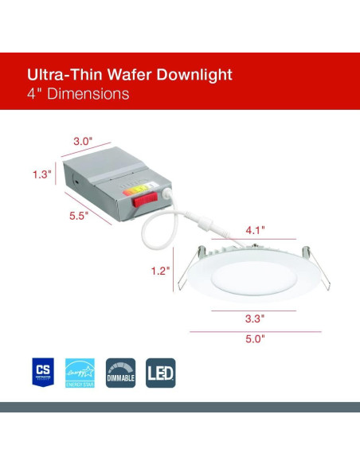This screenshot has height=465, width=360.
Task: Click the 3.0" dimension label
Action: click(x=83, y=141)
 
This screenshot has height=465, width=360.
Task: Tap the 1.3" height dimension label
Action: click(x=42, y=174)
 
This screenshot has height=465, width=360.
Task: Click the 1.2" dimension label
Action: click(x=160, y=271)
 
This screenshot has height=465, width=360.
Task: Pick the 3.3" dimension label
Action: click(x=254, y=318)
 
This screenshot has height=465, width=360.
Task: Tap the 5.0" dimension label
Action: click(x=254, y=338)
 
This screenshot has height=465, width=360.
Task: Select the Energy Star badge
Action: click(x=80, y=372)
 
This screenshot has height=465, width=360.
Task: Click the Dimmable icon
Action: click(x=120, y=372)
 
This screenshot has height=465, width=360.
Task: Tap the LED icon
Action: click(x=161, y=372)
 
